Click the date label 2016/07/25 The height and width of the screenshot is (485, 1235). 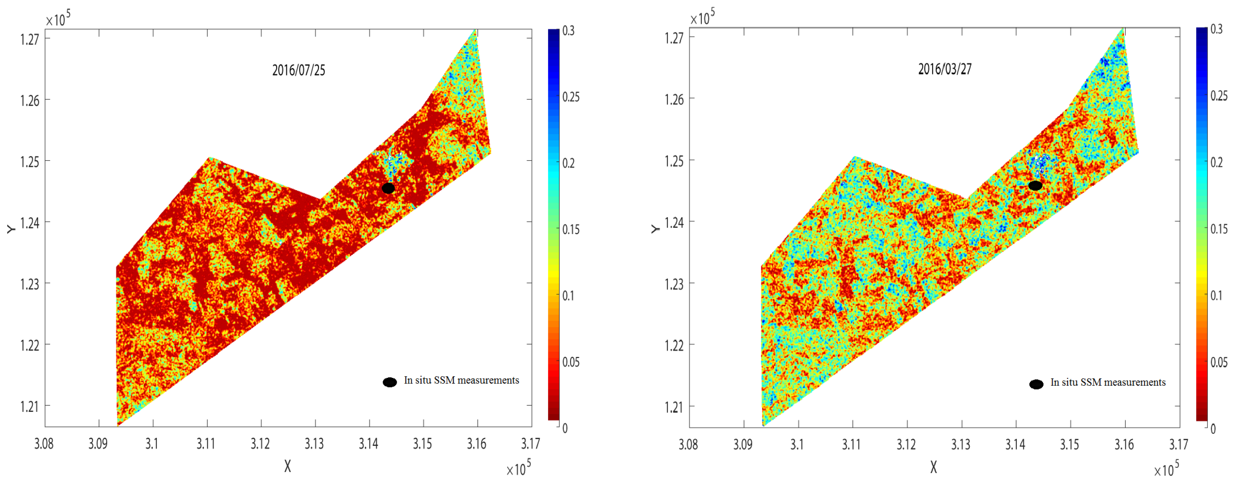(299, 71)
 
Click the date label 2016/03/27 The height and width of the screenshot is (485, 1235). (944, 69)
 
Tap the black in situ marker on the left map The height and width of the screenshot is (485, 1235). (389, 188)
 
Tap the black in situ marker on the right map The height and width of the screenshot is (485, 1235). (1035, 186)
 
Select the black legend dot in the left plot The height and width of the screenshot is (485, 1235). (390, 382)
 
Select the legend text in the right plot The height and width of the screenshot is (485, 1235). (1108, 382)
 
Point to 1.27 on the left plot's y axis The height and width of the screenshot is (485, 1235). (30, 39)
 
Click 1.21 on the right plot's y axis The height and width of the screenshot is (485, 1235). (674, 407)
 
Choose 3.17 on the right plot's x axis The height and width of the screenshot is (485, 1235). (1179, 445)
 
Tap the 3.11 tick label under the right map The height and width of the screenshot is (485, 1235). (851, 445)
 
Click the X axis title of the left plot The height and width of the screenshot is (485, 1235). (288, 466)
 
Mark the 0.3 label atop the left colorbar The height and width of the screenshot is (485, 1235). (569, 31)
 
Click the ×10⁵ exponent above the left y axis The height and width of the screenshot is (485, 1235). (58, 19)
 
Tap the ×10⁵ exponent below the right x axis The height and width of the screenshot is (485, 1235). (1166, 469)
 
